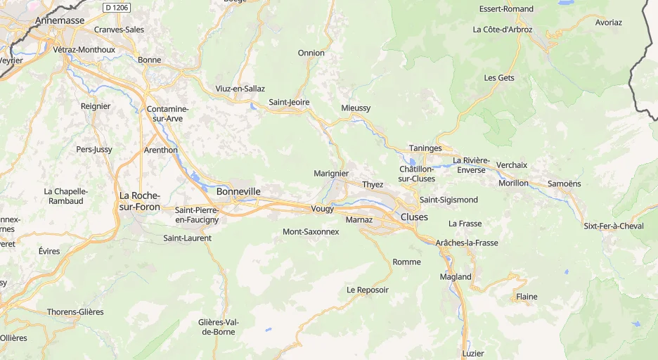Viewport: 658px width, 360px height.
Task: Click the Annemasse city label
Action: tap(60, 20)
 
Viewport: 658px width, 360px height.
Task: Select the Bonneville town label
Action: tap(238, 191)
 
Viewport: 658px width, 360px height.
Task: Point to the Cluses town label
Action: tap(413, 217)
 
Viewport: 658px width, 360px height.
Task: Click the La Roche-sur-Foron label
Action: tap(139, 201)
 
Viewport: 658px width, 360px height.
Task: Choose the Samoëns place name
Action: tap(564, 184)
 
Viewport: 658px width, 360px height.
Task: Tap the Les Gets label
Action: tap(499, 77)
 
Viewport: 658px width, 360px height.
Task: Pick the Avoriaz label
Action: tap(608, 22)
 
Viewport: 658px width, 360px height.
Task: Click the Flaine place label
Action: tap(527, 297)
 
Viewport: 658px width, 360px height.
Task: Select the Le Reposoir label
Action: tap(367, 290)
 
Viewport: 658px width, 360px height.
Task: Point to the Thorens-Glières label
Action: tap(75, 311)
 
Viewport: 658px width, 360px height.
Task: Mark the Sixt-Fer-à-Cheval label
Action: tap(613, 226)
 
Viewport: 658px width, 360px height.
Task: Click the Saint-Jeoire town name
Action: tap(289, 103)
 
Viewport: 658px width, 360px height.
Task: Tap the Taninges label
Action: tap(425, 148)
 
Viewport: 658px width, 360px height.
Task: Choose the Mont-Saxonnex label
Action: tap(310, 231)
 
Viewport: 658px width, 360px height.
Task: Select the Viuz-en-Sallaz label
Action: tap(240, 89)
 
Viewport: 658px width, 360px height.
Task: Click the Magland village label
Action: tap(456, 276)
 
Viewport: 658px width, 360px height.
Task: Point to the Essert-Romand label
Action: tap(506, 9)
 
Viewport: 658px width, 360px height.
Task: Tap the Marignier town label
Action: tap(331, 173)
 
